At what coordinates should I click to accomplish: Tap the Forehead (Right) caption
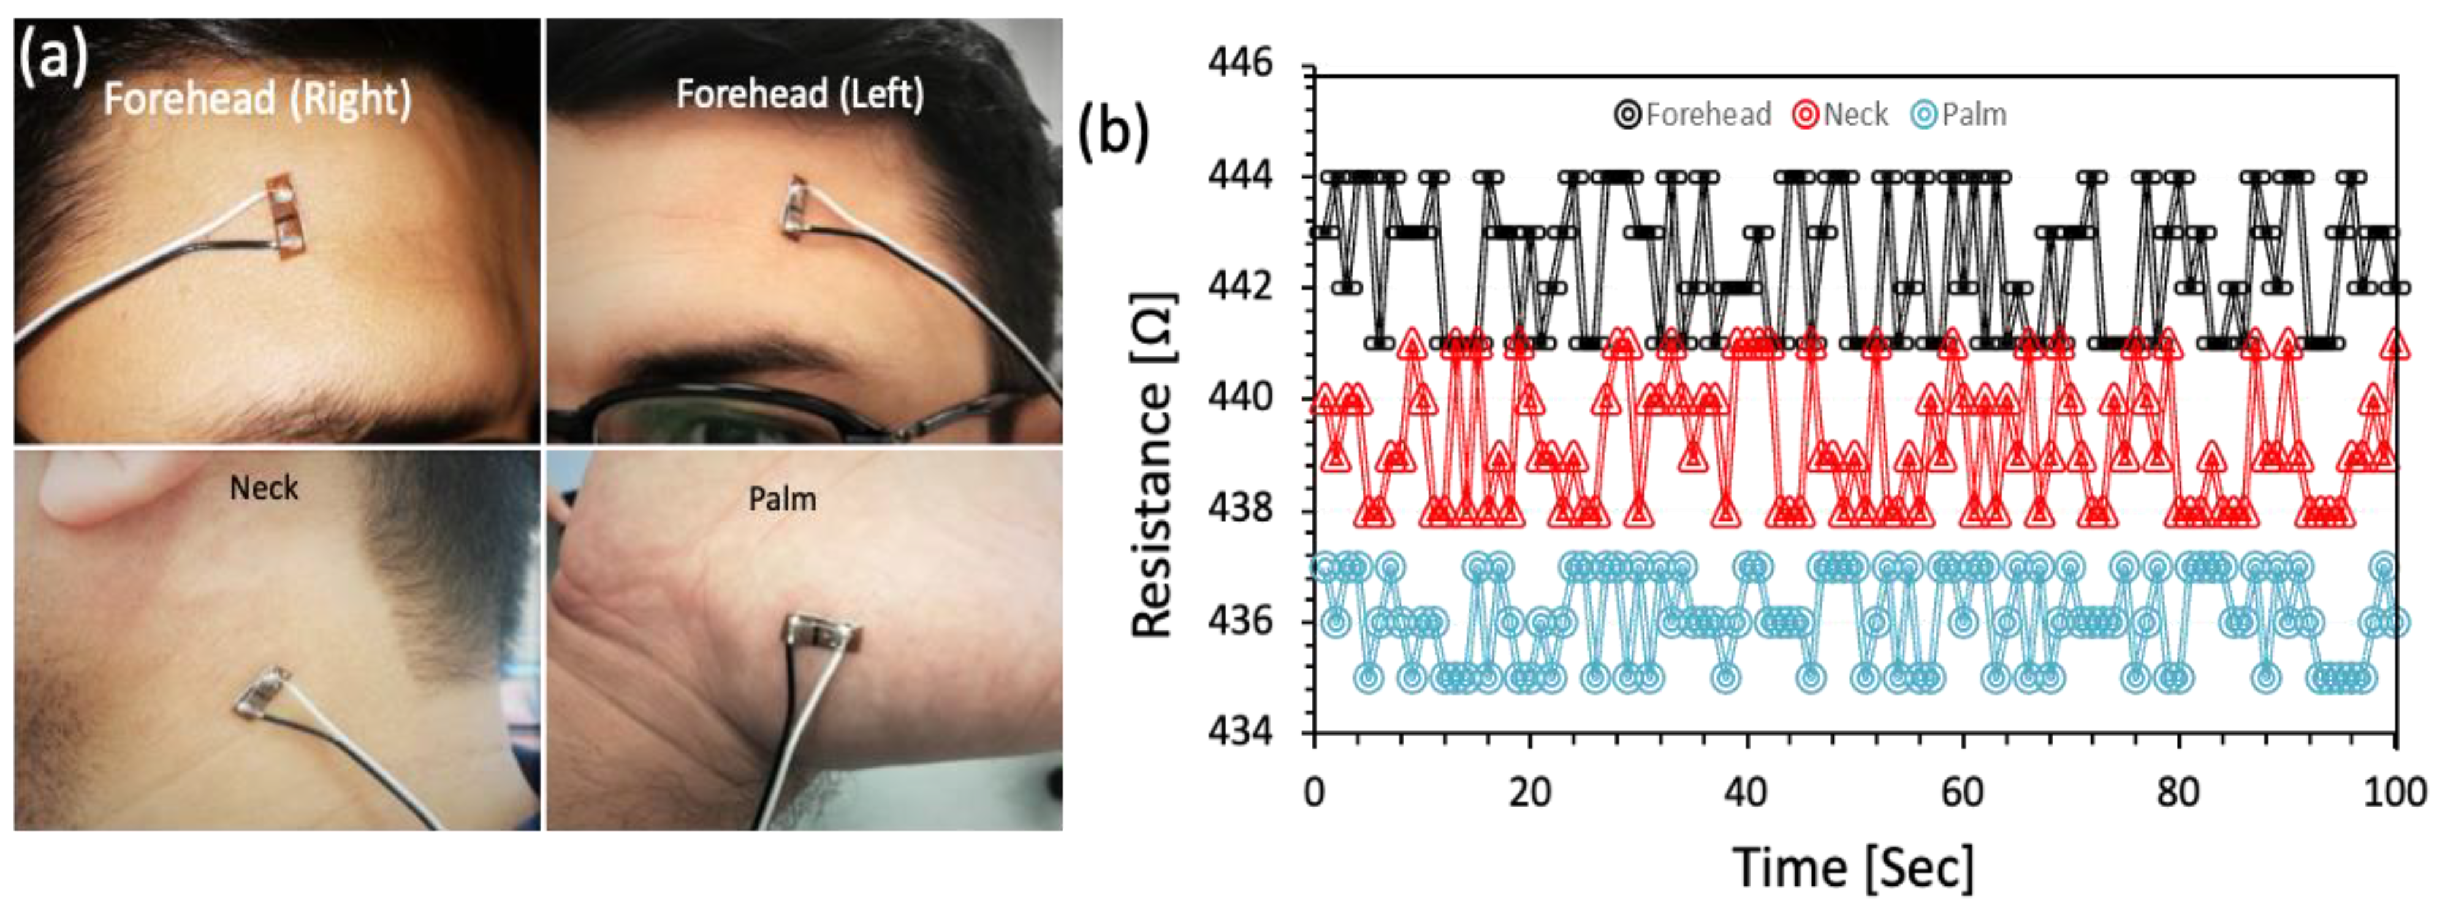click(x=257, y=99)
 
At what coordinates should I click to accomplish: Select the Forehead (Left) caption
click(x=799, y=94)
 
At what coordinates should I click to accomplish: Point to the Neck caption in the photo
click(x=264, y=488)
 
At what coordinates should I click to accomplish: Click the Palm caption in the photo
click(x=782, y=499)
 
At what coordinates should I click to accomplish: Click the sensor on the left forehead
click(x=796, y=207)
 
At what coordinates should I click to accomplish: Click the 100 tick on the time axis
click(x=2393, y=790)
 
